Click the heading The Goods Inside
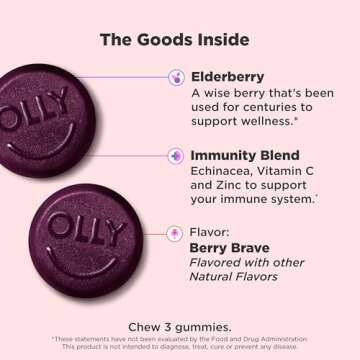coord(180,39)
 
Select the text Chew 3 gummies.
coord(180,326)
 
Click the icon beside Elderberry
coord(176,75)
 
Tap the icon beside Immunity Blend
coord(176,156)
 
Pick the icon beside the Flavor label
coord(176,233)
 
